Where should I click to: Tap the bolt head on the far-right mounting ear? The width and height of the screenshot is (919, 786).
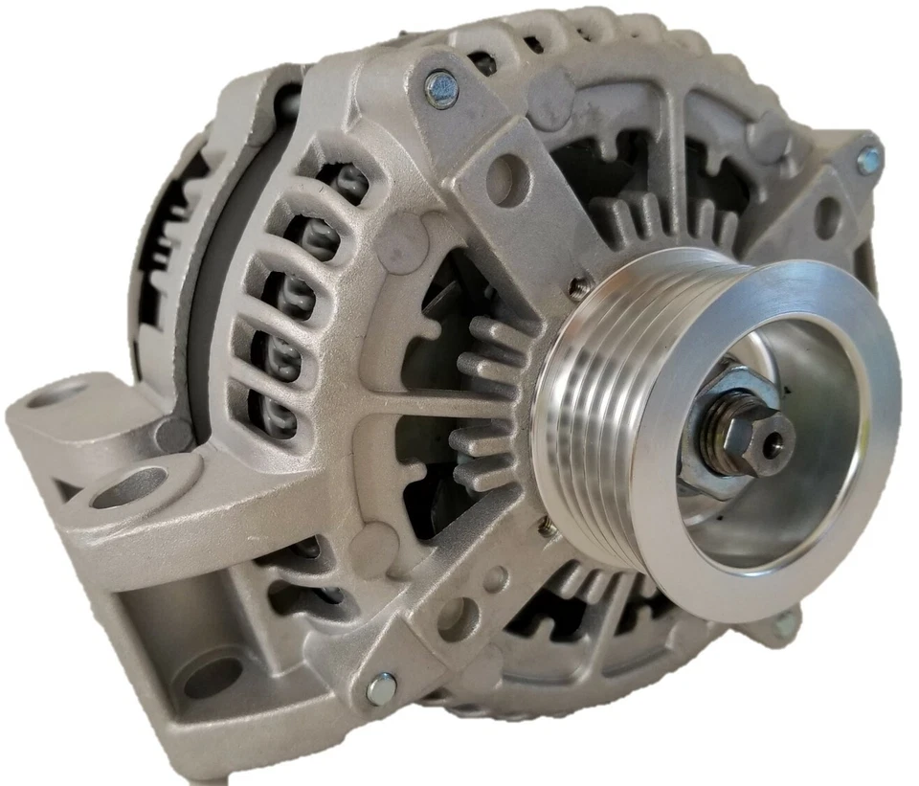point(868,158)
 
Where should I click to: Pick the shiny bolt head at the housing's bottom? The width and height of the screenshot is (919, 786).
point(381,687)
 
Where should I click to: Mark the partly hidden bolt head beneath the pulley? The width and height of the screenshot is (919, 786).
point(783,624)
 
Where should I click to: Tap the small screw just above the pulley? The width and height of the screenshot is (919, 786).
point(578,285)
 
